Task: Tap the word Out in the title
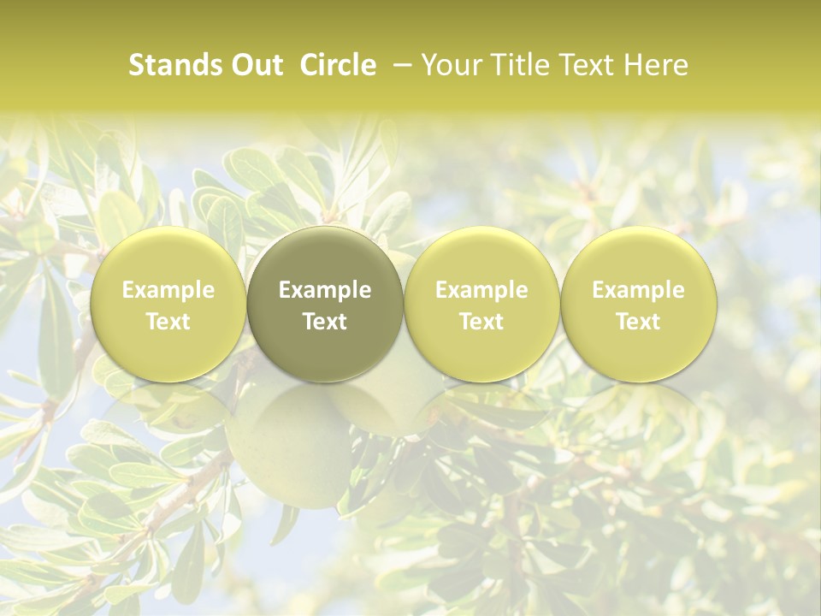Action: coord(254,65)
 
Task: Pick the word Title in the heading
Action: coord(518,65)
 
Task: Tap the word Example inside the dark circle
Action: coord(325,291)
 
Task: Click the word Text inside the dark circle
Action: coord(325,322)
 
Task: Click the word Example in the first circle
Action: coord(168,291)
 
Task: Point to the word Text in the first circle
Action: coord(168,322)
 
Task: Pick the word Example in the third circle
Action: coord(481,291)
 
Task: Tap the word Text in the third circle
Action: coord(481,322)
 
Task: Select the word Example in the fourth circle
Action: coord(639,291)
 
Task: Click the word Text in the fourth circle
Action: coord(639,322)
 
